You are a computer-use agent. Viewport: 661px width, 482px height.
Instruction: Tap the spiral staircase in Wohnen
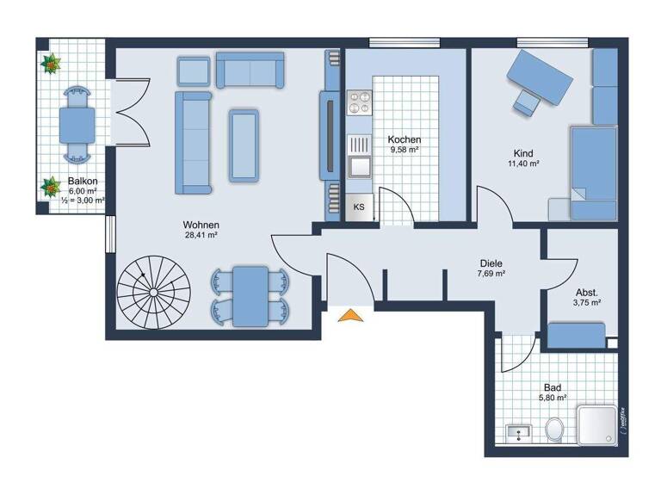[155, 291]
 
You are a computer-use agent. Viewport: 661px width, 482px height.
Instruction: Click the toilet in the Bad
[555, 428]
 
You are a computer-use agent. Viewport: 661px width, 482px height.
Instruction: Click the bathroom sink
[520, 430]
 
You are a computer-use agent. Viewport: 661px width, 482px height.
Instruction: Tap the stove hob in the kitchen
[358, 104]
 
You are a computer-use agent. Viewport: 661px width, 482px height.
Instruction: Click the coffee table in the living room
[244, 144]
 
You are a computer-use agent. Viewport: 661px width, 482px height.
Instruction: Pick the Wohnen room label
[201, 226]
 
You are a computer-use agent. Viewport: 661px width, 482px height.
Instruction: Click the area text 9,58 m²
[403, 150]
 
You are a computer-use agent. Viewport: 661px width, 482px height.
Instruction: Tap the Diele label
[491, 263]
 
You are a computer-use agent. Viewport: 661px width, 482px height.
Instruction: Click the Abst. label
[586, 292]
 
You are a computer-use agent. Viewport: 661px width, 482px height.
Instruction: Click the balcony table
[77, 124]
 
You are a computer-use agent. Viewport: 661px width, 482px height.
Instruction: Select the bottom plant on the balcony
[51, 185]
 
